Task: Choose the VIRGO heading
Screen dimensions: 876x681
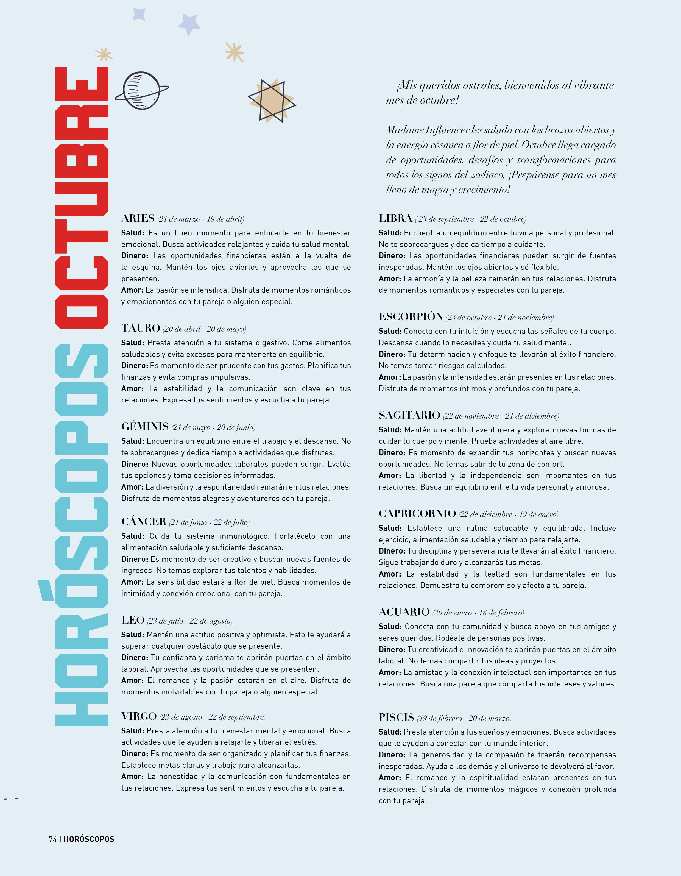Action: (x=139, y=716)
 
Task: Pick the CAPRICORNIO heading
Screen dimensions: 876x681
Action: (x=417, y=513)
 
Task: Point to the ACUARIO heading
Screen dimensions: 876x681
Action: (x=404, y=612)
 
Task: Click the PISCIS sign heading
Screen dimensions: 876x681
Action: (x=396, y=717)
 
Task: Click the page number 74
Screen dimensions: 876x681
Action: (x=52, y=839)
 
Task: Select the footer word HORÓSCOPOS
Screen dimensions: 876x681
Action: (x=89, y=839)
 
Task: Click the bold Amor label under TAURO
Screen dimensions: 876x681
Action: (x=132, y=388)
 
